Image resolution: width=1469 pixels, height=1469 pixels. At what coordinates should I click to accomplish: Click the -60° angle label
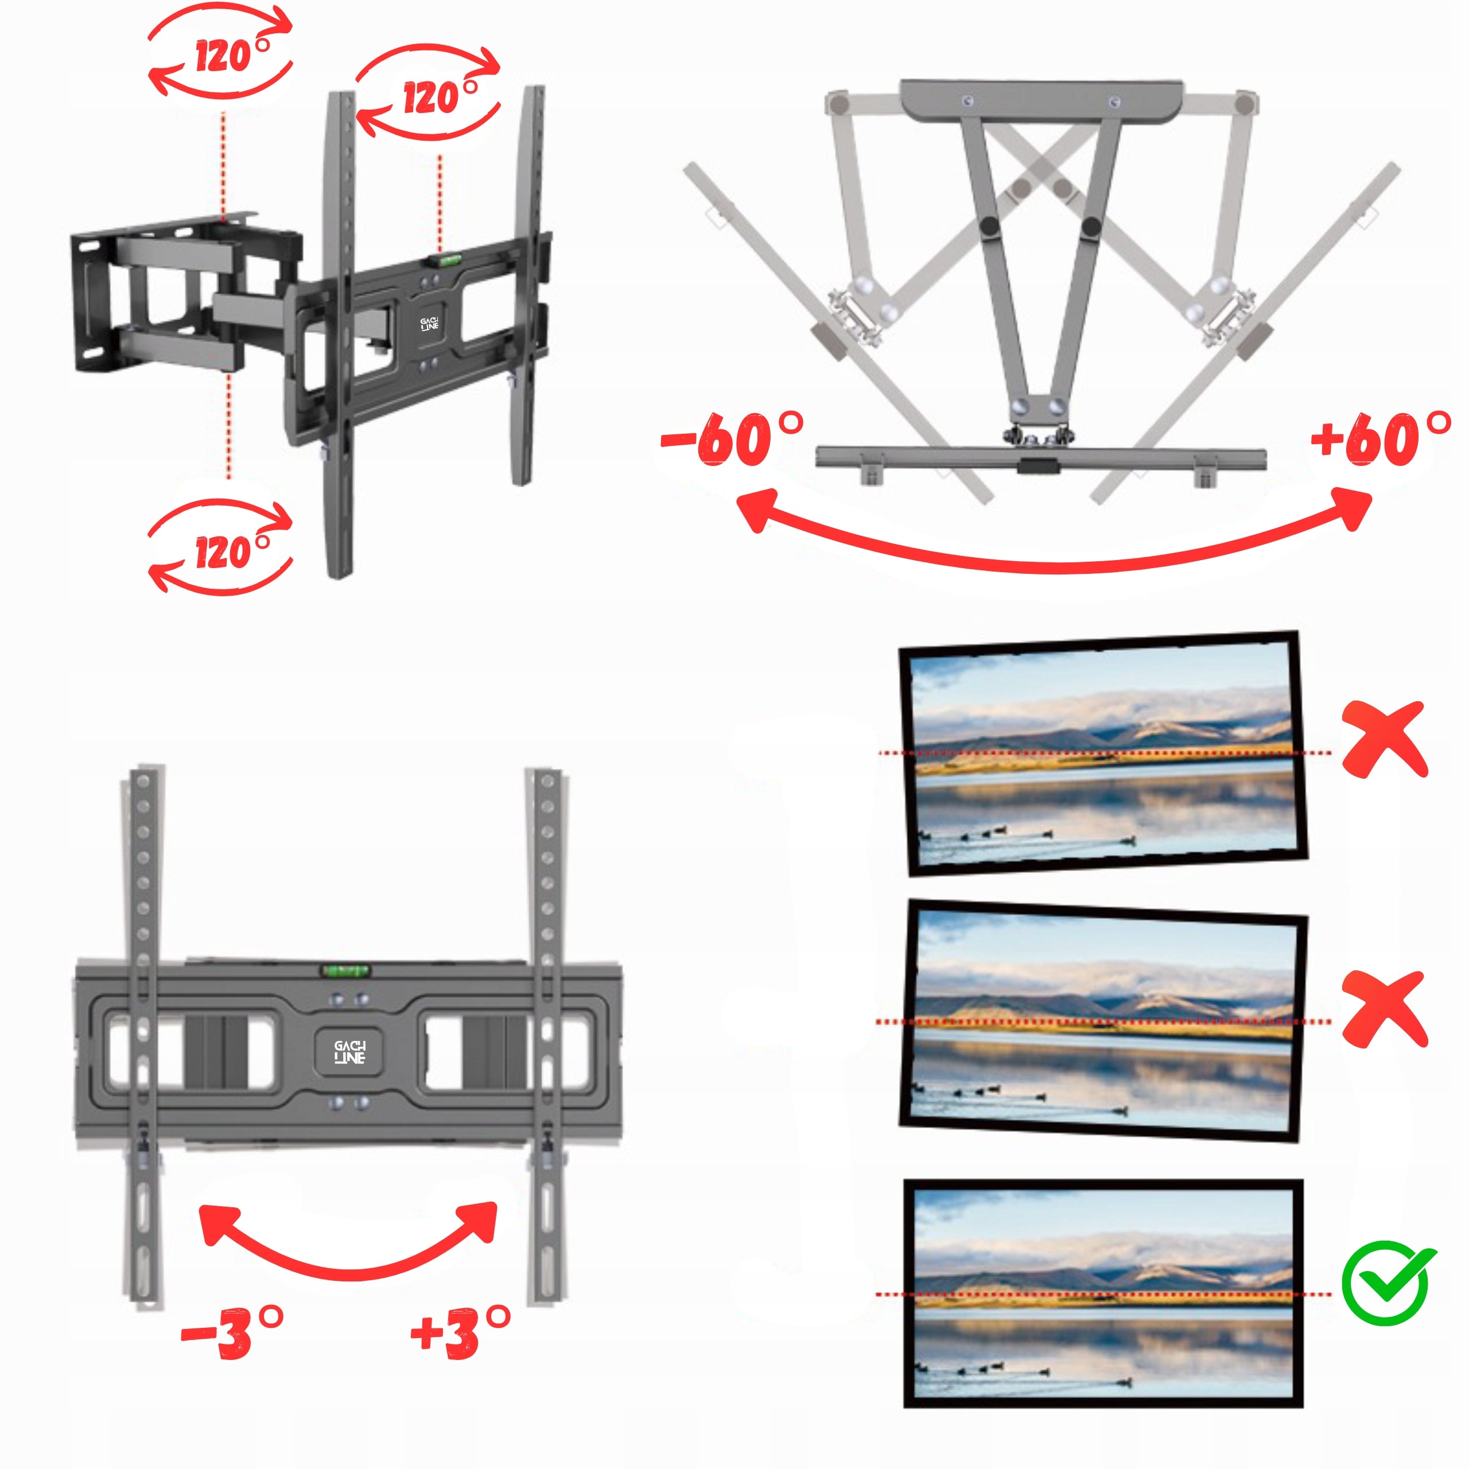732,440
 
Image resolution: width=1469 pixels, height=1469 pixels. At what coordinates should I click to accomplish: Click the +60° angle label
1381,440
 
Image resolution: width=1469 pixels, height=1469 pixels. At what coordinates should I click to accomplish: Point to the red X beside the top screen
1385,739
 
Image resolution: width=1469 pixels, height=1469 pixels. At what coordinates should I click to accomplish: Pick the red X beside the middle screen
1385,1008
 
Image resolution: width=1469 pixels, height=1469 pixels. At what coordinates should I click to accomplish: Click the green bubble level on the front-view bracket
346,970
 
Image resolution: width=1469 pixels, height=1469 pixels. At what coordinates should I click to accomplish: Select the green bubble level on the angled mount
447,260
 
